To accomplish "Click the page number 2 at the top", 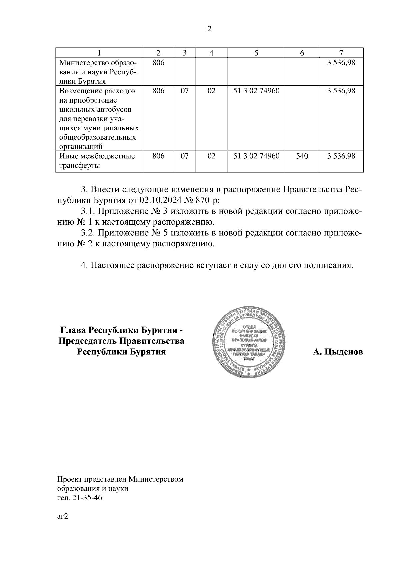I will (x=209, y=29).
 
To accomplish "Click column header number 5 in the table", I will (x=256, y=53).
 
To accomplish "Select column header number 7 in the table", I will (x=341, y=53).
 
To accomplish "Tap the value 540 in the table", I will (x=302, y=156).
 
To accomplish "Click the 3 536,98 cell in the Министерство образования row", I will (x=341, y=63).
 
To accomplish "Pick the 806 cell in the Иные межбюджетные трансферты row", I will (x=158, y=156).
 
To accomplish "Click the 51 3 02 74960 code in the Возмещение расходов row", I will (x=256, y=91).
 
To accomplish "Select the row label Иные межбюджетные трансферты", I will (x=97, y=161).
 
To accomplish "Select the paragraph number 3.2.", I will (x=89, y=233).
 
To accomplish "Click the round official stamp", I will (x=249, y=342).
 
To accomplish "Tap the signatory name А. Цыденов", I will (x=338, y=352).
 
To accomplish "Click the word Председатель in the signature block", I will (x=87, y=341).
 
